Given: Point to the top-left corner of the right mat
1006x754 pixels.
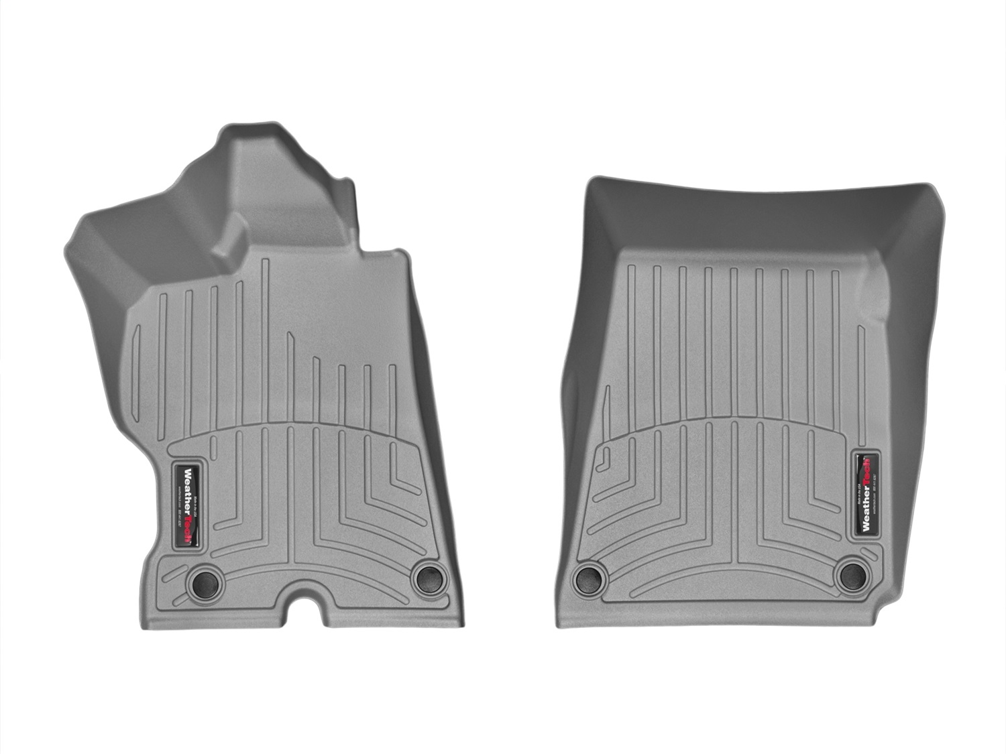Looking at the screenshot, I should tap(589, 182).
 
